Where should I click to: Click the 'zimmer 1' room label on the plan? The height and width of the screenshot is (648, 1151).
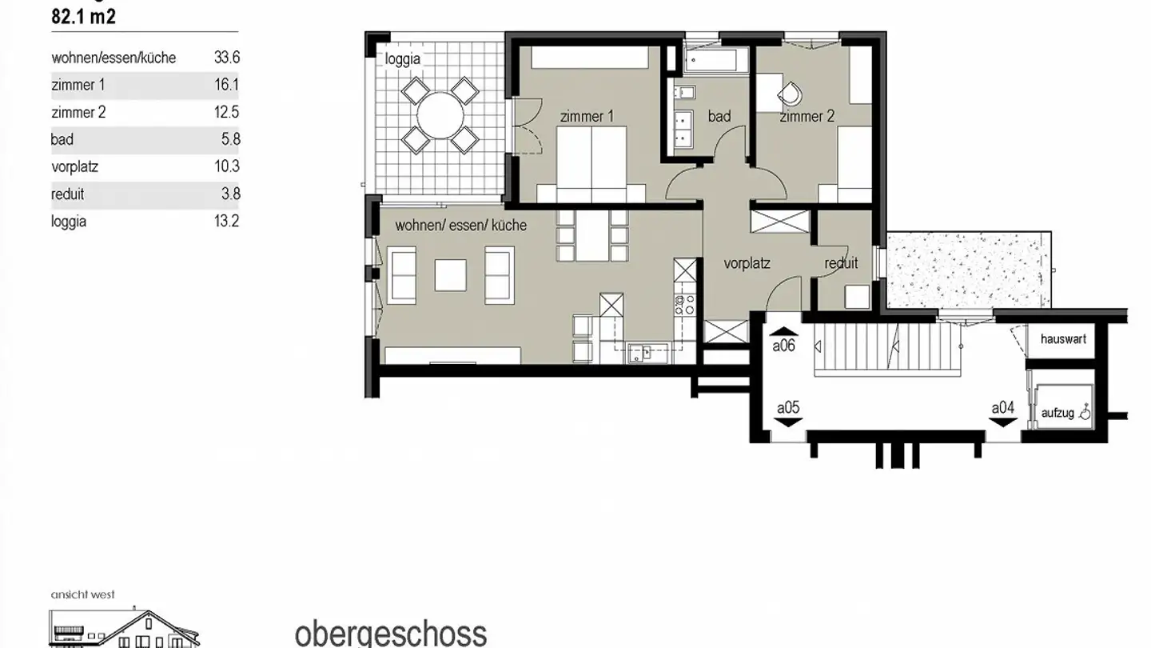click(587, 117)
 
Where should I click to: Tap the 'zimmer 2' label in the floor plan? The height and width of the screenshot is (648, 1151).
click(807, 117)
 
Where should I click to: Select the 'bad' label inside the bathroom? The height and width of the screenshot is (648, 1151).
click(719, 117)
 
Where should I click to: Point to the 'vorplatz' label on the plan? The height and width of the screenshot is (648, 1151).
click(747, 263)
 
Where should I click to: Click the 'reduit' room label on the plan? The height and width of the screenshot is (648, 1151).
click(841, 263)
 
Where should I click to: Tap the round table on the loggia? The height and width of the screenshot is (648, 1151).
click(440, 115)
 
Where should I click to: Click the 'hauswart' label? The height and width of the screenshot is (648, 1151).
click(1063, 339)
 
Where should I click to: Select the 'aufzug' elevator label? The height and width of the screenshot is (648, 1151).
click(1057, 413)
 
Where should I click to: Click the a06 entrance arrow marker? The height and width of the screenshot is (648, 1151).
click(783, 330)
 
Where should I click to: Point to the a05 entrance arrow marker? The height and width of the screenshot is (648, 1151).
click(788, 422)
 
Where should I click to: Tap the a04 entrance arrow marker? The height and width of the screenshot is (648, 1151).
click(1002, 422)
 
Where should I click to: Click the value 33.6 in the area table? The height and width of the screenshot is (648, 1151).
click(227, 58)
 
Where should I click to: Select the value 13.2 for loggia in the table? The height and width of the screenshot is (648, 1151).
click(227, 222)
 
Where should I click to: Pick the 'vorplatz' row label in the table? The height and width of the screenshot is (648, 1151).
click(74, 167)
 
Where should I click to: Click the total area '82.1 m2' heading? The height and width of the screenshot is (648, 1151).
click(83, 17)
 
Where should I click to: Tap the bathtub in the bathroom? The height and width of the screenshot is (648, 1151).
click(716, 58)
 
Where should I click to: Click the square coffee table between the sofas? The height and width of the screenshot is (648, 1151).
click(450, 274)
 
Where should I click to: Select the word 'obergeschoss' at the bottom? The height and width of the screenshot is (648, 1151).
click(391, 633)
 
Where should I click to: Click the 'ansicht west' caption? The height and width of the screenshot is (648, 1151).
click(82, 594)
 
